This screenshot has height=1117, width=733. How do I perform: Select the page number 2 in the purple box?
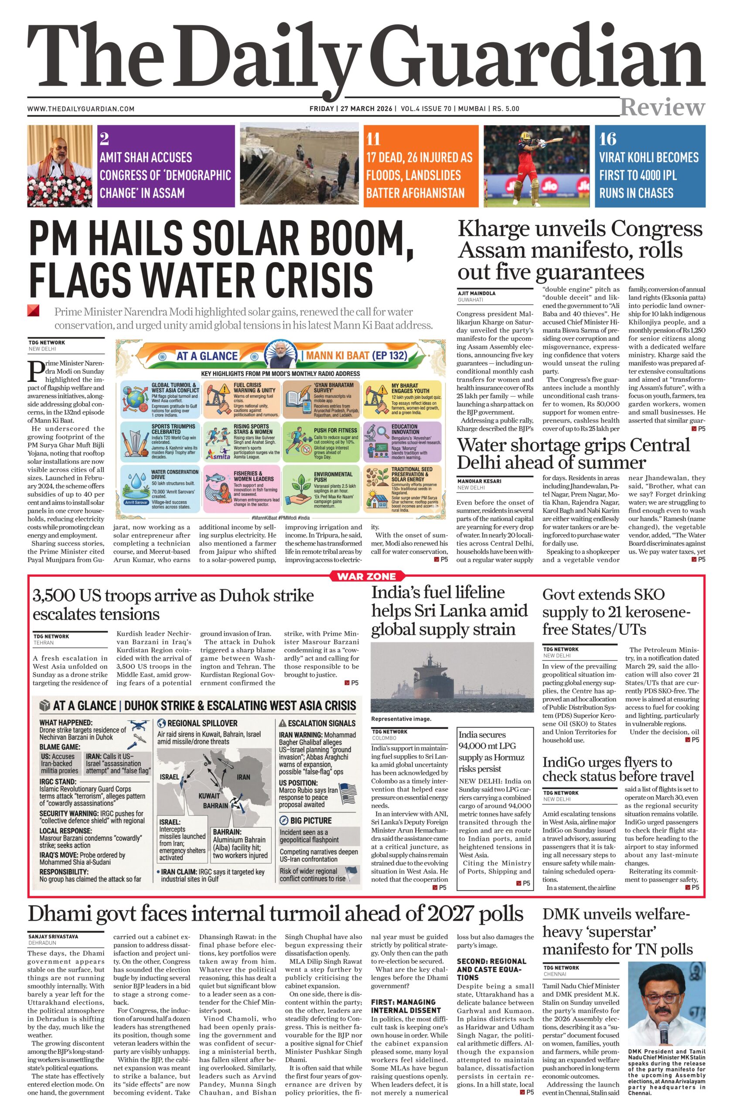[x=104, y=139]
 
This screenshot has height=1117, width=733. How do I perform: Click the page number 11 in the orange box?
[x=373, y=139]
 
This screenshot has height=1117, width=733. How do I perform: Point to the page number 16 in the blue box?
[x=607, y=139]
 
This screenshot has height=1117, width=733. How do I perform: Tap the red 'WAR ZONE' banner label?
[x=366, y=576]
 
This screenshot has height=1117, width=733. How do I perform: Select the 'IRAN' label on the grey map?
[x=243, y=777]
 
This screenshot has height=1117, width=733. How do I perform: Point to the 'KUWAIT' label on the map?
[x=209, y=795]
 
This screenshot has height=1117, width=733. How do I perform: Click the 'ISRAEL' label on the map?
[x=169, y=777]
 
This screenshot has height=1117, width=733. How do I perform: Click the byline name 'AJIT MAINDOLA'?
[x=477, y=293]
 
